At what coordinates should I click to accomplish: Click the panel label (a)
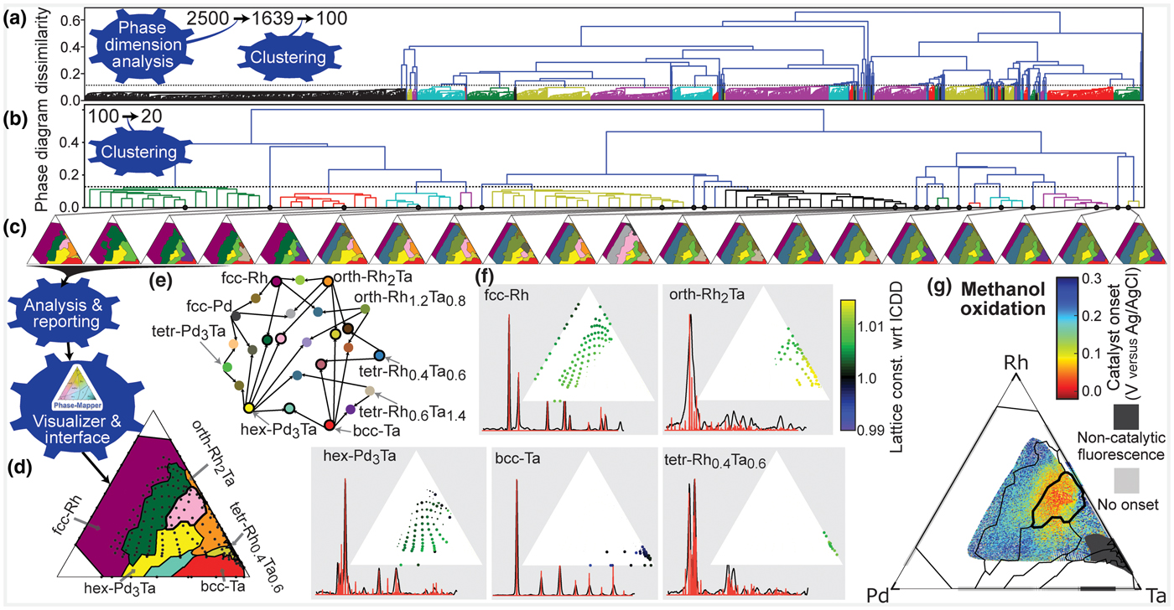point(15,18)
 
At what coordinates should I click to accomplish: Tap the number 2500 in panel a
point(208,18)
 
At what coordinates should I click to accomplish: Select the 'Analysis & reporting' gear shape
point(62,313)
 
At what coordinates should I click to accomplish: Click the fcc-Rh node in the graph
point(276,282)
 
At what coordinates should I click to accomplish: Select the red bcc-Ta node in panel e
point(330,425)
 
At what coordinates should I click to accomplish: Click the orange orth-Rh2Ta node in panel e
point(328,282)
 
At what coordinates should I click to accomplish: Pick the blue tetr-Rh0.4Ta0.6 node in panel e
point(379,355)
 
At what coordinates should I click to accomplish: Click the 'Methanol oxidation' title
point(1003,299)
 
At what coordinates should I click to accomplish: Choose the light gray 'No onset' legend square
point(1126,481)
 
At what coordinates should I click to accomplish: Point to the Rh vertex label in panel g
point(1016,363)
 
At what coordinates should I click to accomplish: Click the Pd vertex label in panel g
point(878,596)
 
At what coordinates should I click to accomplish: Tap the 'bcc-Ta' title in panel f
point(518,458)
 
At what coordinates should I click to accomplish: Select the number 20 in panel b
point(152,116)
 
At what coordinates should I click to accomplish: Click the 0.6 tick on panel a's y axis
point(70,21)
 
